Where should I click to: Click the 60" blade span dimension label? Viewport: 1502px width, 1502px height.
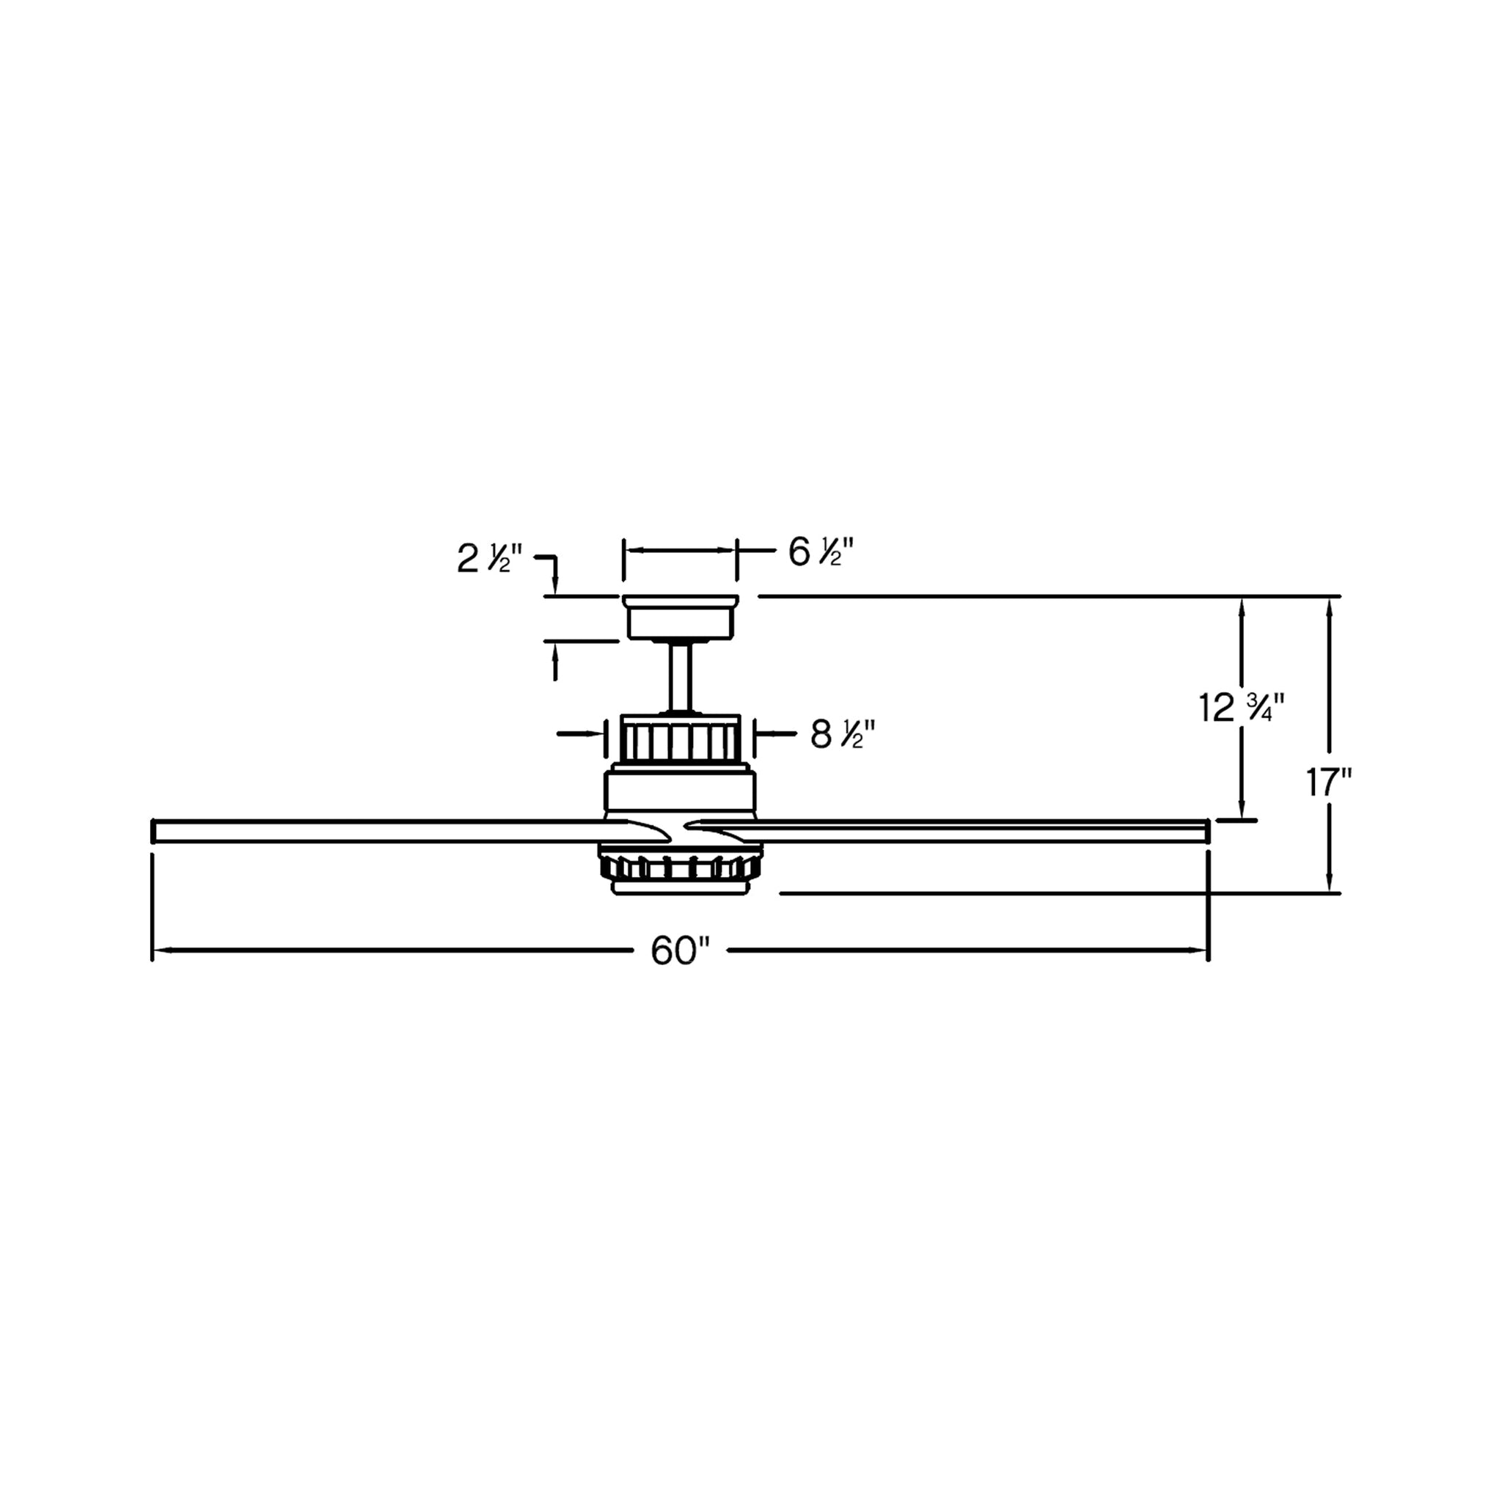681,950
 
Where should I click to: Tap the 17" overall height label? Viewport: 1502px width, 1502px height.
1328,783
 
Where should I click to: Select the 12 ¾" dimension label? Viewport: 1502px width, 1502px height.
1241,708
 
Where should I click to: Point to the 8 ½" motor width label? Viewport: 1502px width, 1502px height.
843,735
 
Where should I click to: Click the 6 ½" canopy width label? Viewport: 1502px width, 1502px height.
821,552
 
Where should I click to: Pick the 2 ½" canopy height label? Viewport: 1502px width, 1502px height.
489,559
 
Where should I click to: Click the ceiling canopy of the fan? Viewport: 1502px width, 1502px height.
681,618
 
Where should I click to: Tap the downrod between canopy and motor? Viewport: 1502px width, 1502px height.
681,675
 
